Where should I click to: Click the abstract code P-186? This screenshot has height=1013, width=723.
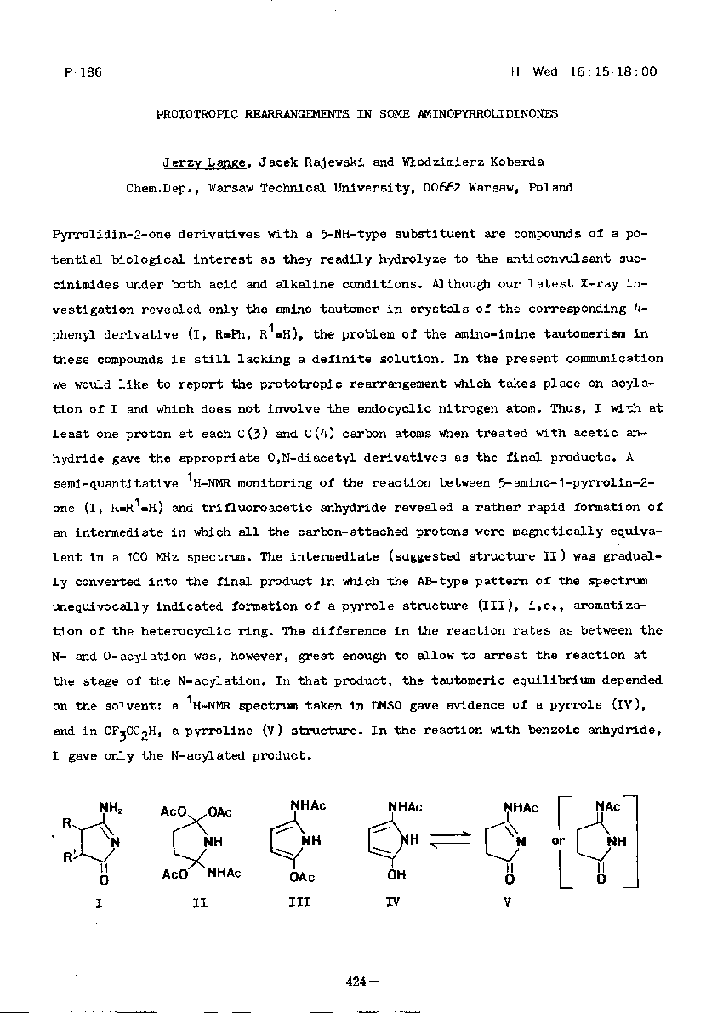(83, 72)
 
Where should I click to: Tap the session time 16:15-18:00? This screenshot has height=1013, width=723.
(612, 72)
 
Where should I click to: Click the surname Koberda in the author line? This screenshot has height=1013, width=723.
(491, 162)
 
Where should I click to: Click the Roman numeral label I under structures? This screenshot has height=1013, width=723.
(99, 903)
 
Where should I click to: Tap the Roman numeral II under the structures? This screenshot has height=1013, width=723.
(199, 903)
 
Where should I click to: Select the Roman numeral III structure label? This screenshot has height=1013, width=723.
(299, 903)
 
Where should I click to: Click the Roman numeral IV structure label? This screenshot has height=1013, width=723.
(392, 903)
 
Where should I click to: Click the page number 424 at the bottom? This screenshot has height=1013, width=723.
(356, 982)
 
